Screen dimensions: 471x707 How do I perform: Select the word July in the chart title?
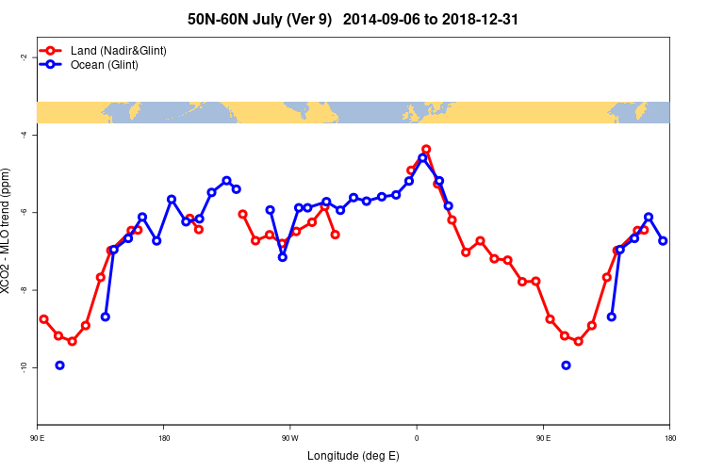point(280,19)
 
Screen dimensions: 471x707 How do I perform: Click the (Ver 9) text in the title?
point(316,19)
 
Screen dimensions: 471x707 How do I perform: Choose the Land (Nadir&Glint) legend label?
point(119,50)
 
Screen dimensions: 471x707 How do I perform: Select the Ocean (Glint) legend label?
point(105,65)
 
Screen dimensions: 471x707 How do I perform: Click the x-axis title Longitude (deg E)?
point(353,456)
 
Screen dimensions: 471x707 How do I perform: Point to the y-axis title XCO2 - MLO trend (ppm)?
point(8,232)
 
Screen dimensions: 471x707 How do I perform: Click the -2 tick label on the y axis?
point(24,57)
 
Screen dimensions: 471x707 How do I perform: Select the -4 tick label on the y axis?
point(24,135)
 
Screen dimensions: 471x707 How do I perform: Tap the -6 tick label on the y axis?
point(24,212)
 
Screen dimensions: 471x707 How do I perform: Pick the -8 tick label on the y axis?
point(24,289)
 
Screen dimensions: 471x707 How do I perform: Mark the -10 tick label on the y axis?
point(24,366)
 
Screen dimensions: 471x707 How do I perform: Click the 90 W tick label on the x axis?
point(289,437)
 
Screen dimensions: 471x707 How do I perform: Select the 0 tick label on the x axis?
point(417,437)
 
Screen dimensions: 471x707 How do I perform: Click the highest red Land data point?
point(426,149)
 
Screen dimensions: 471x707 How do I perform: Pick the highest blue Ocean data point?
point(422,158)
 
